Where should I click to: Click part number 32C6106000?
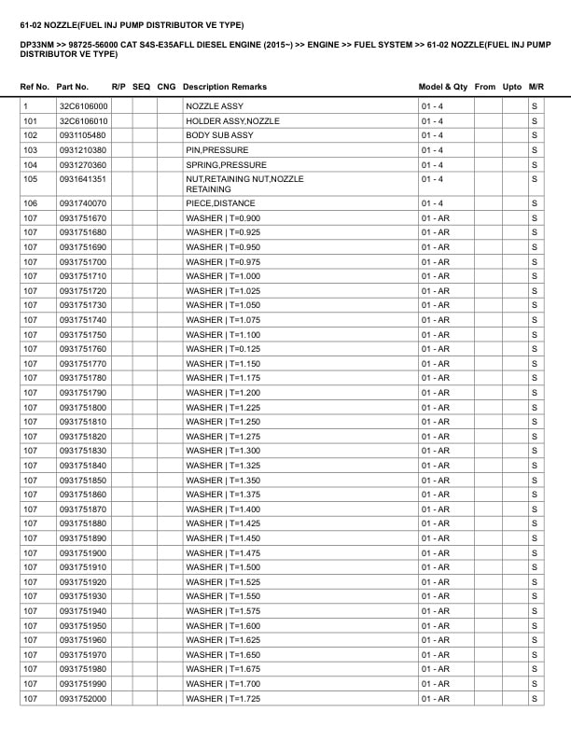(83, 106)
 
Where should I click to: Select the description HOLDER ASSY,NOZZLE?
(232, 121)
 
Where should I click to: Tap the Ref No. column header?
(35, 87)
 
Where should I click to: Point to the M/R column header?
(536, 87)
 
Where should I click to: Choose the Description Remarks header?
(225, 87)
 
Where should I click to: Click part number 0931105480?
(83, 135)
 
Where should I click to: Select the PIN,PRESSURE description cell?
(217, 150)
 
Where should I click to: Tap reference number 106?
(31, 203)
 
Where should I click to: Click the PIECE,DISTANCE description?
(220, 203)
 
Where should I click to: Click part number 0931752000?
(83, 699)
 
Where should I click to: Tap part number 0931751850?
(83, 481)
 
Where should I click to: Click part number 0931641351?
(83, 179)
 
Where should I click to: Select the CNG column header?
(166, 87)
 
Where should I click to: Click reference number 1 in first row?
(26, 106)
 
